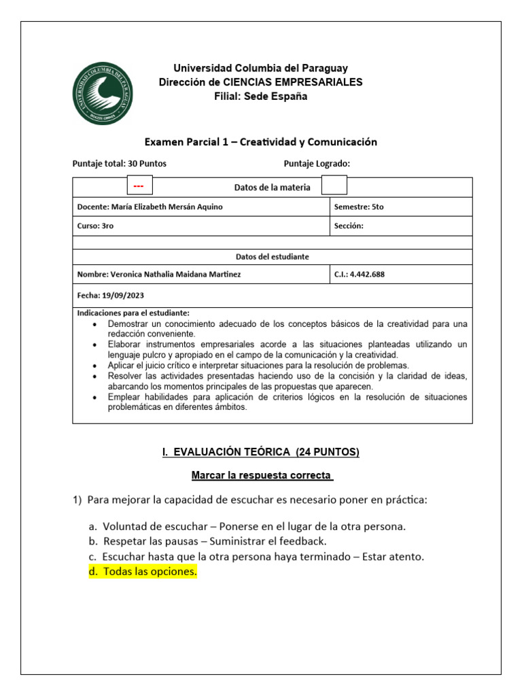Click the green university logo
coord(103,93)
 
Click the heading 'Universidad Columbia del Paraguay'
coord(260,68)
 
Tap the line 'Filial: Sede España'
coord(260,97)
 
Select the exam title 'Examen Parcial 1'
coord(260,142)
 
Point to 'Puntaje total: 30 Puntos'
coord(120,163)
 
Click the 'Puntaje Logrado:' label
coord(317,163)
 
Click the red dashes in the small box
coord(139,186)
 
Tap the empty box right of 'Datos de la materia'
coord(334,185)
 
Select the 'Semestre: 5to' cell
coord(359,207)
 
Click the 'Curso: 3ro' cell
coord(96,226)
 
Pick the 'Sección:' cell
coord(349,226)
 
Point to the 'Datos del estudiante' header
coord(272,257)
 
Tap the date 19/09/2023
coord(124,296)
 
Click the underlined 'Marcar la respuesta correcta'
coord(262,474)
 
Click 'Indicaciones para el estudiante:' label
coord(133,313)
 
